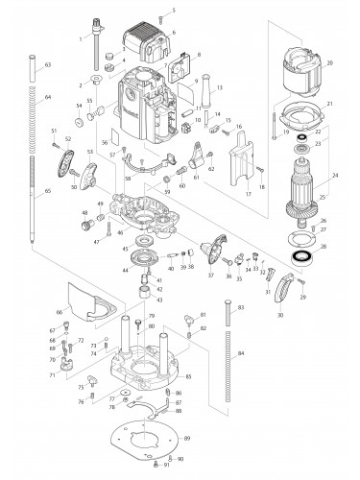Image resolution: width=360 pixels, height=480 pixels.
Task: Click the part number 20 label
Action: pos(329,63)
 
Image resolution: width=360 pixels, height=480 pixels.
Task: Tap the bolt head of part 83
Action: pos(228,306)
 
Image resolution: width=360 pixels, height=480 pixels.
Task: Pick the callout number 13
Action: pos(220,87)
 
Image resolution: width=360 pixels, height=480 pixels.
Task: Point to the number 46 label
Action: pos(119,233)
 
